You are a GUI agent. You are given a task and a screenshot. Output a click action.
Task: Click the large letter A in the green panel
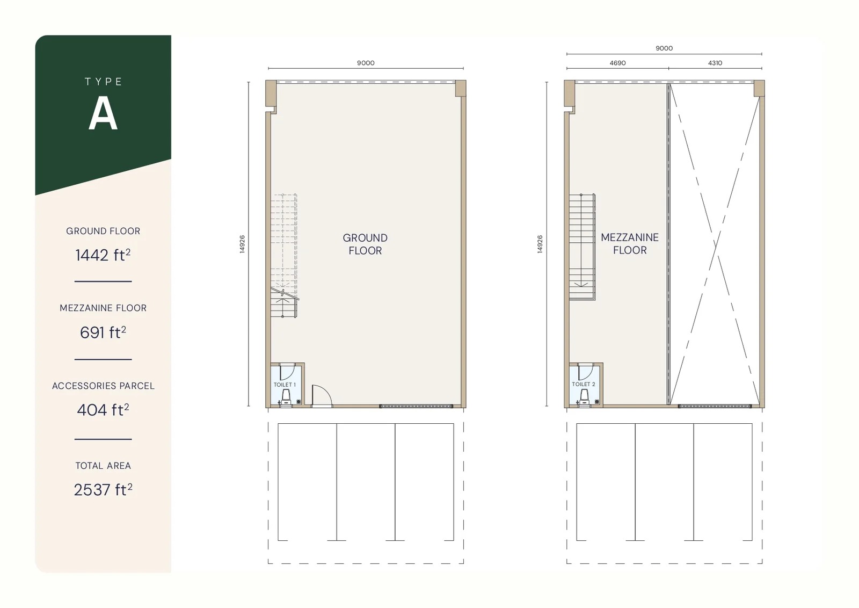click(103, 114)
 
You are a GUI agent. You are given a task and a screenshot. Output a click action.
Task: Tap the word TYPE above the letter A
click(103, 82)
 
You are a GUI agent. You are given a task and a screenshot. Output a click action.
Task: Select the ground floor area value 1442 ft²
click(103, 255)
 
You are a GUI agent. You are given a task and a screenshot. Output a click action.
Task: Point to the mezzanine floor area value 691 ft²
click(103, 332)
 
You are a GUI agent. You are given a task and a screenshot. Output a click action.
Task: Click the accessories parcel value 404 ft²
click(103, 410)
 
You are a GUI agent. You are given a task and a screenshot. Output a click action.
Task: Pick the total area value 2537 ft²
click(103, 489)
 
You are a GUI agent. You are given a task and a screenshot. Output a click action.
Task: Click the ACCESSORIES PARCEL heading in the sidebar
click(103, 386)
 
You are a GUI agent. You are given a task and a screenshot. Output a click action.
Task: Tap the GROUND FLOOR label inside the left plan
click(365, 244)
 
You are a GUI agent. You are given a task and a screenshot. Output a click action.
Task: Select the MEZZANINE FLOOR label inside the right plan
click(630, 243)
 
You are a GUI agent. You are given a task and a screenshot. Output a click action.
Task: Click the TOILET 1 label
click(285, 385)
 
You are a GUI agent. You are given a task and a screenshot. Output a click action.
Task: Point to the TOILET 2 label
click(583, 384)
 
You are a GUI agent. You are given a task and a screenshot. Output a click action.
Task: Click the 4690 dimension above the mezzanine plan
click(617, 63)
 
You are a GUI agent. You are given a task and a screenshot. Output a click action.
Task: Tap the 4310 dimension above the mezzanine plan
click(715, 63)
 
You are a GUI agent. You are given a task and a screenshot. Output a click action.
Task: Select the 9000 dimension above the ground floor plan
click(366, 63)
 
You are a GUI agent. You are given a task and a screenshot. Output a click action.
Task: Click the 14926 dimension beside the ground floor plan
click(242, 244)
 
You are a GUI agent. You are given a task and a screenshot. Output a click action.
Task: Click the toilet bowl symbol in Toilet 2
click(584, 396)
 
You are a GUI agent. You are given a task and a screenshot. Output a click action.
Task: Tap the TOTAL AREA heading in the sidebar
click(103, 466)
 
